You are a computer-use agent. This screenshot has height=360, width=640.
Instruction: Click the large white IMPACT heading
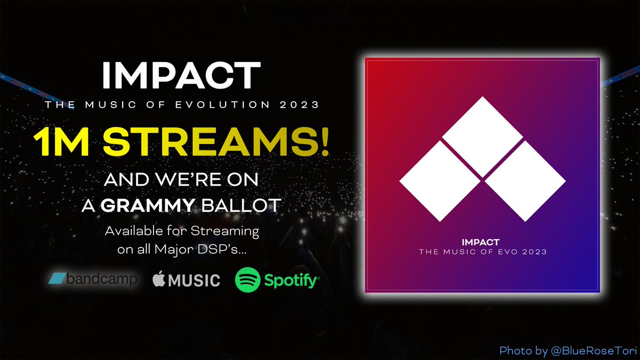pos(182,76)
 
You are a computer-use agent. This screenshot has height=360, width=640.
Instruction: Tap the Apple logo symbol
pos(158,278)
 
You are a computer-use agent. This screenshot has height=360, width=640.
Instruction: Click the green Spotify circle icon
pos(247,279)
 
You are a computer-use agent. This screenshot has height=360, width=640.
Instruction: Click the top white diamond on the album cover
pos(482,137)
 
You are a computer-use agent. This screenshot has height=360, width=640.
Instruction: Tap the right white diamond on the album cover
pos(526,181)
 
